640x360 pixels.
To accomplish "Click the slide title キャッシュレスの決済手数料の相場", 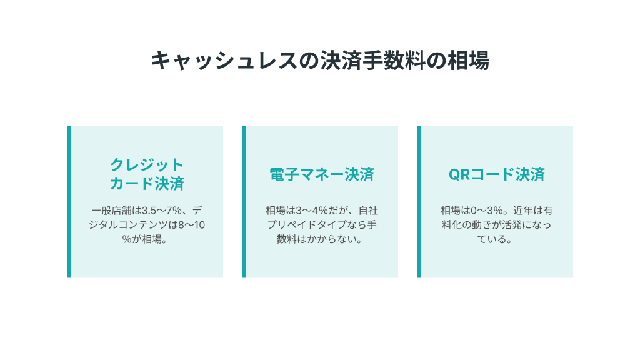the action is (x=320, y=61).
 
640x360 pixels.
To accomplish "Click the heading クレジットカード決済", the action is (x=147, y=174).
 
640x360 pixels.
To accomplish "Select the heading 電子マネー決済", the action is (x=322, y=174).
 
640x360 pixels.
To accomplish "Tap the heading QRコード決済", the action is (x=497, y=174).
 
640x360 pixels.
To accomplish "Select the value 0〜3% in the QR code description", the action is (x=486, y=211).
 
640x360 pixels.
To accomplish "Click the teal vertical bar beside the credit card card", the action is (x=69, y=202).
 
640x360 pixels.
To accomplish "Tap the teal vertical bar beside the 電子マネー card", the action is (x=244, y=202).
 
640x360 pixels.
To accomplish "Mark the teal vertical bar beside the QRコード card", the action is (x=419, y=202).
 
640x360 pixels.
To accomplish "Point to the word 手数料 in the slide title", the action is (x=394, y=61).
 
